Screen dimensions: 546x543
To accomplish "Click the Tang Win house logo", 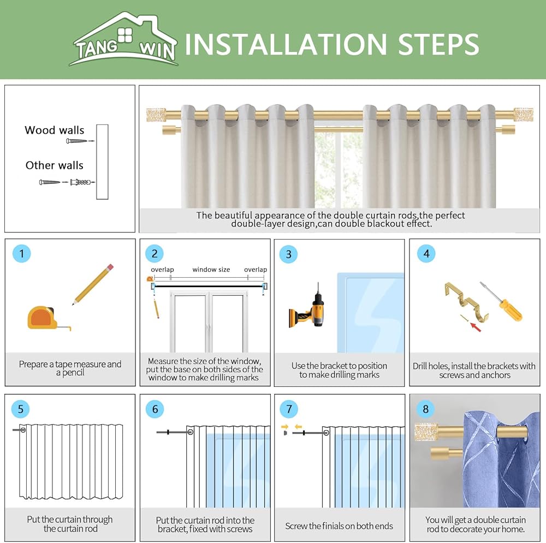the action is (x=124, y=39).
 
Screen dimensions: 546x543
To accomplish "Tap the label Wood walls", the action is (x=54, y=130).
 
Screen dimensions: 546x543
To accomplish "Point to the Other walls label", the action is (x=54, y=165).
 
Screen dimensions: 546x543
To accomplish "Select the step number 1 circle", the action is (x=22, y=253).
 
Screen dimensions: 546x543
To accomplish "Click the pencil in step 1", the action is (x=93, y=284).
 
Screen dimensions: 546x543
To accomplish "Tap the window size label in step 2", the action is (x=211, y=270).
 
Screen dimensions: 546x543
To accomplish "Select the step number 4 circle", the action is (x=426, y=253).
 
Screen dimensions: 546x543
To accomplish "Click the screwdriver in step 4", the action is (x=501, y=301).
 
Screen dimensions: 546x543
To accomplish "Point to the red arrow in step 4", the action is (x=476, y=327).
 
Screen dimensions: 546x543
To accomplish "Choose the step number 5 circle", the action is (x=21, y=409).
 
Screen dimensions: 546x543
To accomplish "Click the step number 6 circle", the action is (x=155, y=409).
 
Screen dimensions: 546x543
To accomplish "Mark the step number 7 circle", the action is (x=289, y=409).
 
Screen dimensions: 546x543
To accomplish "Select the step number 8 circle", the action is (x=425, y=409).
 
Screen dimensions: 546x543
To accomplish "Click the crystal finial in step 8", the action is (x=426, y=432).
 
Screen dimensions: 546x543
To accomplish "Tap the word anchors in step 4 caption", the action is (x=496, y=375).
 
